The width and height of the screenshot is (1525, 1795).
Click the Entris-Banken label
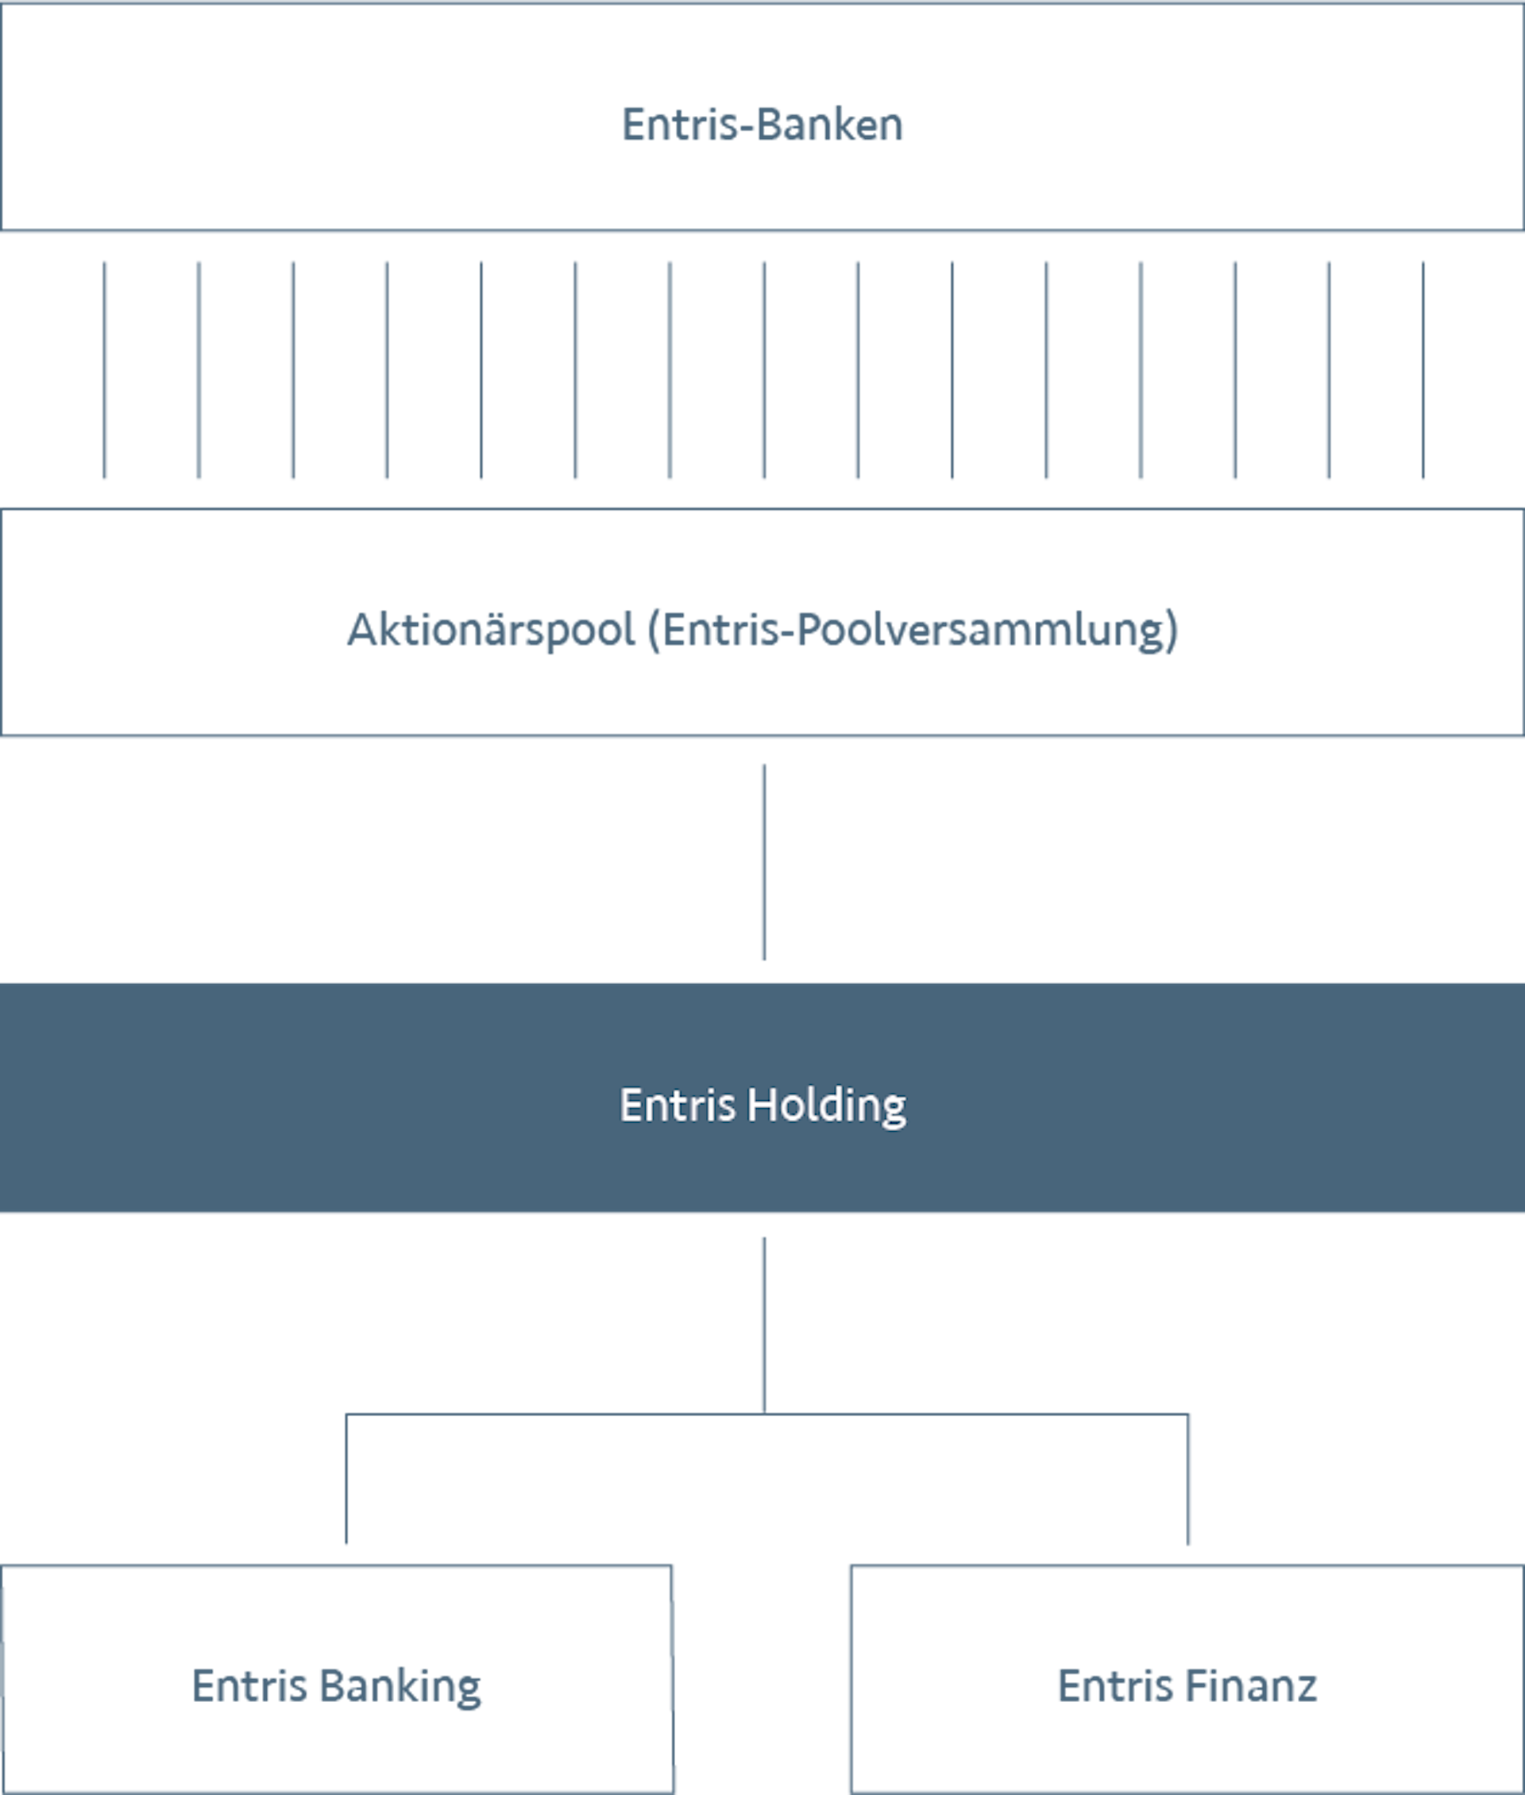pyautogui.click(x=762, y=125)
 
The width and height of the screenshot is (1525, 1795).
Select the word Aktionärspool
pyautogui.click(x=491, y=631)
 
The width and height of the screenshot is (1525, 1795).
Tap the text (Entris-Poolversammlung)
pyautogui.click(x=913, y=631)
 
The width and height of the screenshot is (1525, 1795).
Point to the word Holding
pyautogui.click(x=827, y=1106)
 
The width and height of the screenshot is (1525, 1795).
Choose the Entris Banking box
pyautogui.click(x=336, y=1679)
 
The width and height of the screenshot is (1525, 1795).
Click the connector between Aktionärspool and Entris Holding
pyautogui.click(x=764, y=862)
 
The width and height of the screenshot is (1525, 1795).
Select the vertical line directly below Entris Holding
pyautogui.click(x=764, y=1325)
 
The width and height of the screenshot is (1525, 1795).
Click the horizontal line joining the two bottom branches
pyautogui.click(x=766, y=1415)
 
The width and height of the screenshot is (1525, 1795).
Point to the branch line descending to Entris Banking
pyautogui.click(x=346, y=1479)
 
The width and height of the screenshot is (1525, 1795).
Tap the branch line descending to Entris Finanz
pyautogui.click(x=1188, y=1479)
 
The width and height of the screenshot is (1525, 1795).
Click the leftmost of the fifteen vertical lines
pyautogui.click(x=105, y=370)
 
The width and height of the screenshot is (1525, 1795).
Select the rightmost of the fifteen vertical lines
pyautogui.click(x=1423, y=370)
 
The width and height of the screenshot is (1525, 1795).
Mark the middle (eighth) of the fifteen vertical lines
pyautogui.click(x=764, y=370)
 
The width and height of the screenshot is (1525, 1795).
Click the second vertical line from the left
pyautogui.click(x=199, y=370)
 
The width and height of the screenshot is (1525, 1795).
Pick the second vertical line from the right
pyautogui.click(x=1329, y=370)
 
